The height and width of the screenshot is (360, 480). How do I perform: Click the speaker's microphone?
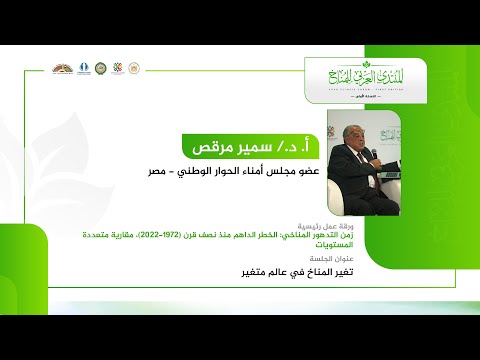click(373, 155)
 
